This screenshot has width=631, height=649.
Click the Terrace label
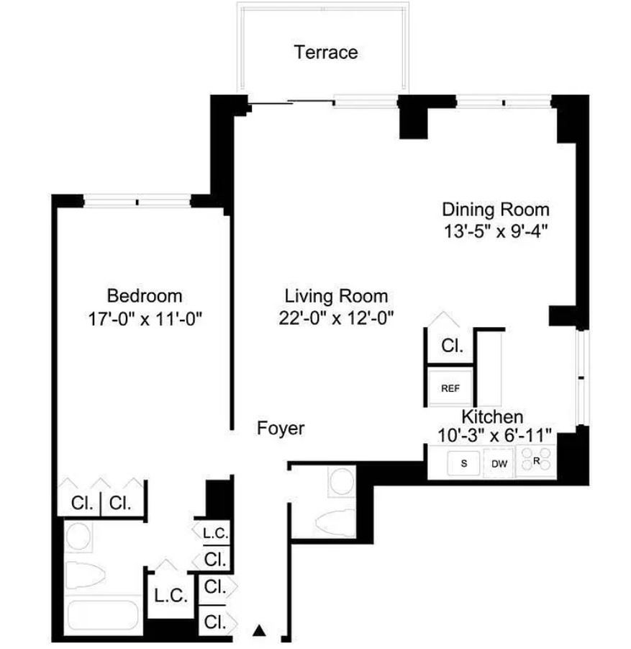[x=326, y=53]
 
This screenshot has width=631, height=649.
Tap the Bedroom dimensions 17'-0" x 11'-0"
[x=145, y=319]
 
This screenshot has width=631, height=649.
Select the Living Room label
[x=336, y=296]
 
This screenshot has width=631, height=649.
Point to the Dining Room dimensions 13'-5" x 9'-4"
[x=496, y=231]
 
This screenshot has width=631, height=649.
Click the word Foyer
[x=281, y=429]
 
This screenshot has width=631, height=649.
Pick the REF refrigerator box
[x=450, y=388]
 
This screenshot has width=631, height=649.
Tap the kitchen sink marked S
[x=463, y=463]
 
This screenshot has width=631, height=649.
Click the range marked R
[x=536, y=460]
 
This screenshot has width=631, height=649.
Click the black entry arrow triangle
[x=259, y=630]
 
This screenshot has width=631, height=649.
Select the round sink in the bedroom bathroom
[x=78, y=536]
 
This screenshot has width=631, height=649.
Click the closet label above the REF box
[x=452, y=346]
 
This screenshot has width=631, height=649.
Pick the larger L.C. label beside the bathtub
[x=171, y=596]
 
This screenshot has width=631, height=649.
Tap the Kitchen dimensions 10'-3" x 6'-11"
[x=494, y=435]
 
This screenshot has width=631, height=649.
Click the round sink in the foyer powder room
[x=342, y=481]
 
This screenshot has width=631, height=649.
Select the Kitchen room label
[x=492, y=416]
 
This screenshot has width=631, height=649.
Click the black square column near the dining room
[x=414, y=117]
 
